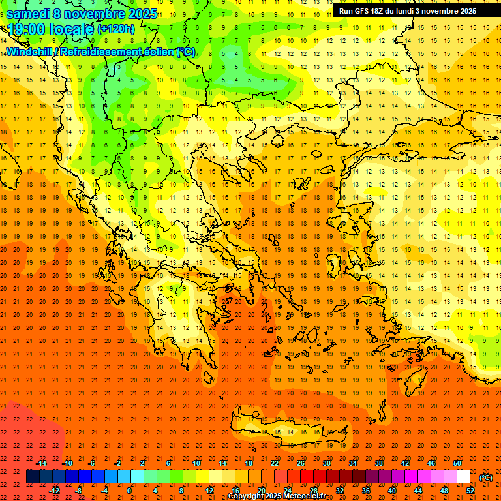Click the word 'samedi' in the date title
point(28,14)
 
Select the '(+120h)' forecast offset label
point(115,29)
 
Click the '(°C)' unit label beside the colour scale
point(486,478)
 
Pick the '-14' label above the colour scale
point(41,463)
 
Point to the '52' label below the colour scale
point(470,491)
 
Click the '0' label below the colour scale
point(129,491)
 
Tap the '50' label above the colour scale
point(457,463)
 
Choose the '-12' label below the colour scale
point(55,491)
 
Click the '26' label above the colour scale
point(301,463)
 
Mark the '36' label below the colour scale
point(366,491)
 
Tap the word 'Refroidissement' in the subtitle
point(99,52)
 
